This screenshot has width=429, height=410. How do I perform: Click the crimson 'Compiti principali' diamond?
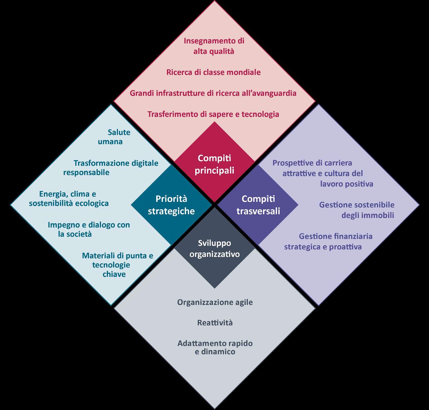click(214, 164)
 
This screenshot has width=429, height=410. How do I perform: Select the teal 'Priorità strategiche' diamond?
click(171, 205)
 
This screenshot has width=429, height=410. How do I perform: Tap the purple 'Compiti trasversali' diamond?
click(258, 205)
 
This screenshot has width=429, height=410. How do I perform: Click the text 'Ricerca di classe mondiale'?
click(213, 72)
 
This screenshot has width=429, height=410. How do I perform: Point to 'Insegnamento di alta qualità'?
click(214, 46)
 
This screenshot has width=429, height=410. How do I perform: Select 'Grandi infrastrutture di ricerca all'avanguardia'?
click(213, 93)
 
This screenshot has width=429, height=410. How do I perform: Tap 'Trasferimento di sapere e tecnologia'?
click(213, 114)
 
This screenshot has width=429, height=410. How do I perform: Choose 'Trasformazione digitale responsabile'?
click(111, 168)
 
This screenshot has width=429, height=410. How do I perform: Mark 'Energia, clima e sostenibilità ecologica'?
click(69, 198)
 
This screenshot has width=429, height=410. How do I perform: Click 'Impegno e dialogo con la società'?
click(89, 229)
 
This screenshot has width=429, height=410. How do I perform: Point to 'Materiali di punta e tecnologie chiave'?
click(117, 265)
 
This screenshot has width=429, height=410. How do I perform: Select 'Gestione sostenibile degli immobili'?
click(357, 210)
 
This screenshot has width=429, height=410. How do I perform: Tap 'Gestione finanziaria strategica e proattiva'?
click(328, 241)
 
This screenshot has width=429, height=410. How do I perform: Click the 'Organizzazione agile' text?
click(215, 302)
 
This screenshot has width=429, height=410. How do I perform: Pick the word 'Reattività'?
click(214, 323)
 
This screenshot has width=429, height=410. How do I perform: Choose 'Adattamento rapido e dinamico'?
click(215, 347)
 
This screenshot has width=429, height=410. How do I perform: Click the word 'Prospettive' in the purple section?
click(290, 163)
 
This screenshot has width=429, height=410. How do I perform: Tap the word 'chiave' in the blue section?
click(114, 274)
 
